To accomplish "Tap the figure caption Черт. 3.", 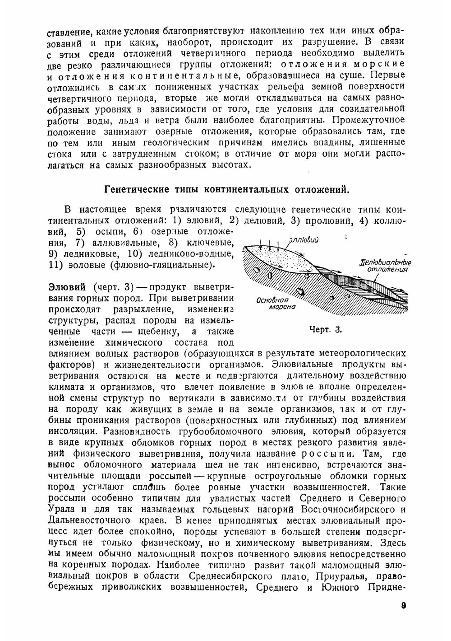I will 326,329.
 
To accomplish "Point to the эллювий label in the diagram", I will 304,239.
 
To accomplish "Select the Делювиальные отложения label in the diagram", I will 386,266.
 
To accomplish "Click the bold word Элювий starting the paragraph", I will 67,288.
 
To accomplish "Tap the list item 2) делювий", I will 256,221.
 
